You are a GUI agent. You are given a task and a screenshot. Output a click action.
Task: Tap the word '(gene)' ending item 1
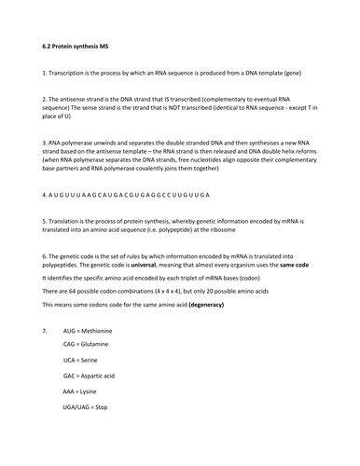tap(304, 72)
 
